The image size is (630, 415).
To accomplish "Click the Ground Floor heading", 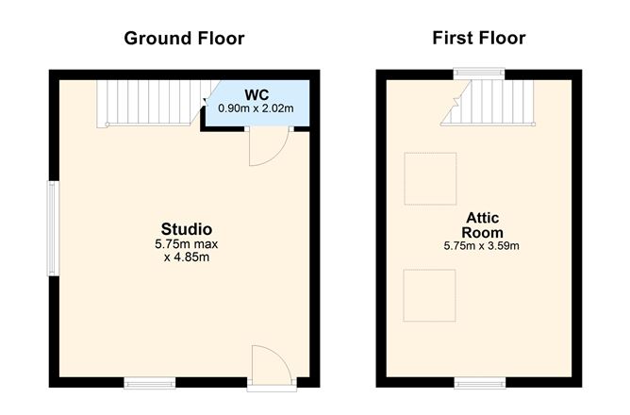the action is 184,39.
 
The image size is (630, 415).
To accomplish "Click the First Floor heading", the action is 479,38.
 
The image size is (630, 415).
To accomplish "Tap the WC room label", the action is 257,95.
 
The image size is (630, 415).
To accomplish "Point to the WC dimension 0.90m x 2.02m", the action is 256,108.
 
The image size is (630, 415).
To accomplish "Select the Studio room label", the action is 187,229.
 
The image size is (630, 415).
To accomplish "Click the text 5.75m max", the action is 187,244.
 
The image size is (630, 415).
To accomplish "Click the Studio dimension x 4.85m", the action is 187,257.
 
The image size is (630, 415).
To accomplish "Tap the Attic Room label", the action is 482,225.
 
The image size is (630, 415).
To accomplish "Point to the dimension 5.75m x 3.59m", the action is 481,245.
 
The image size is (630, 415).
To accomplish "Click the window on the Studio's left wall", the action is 54,228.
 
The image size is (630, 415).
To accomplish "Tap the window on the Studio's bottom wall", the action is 149,383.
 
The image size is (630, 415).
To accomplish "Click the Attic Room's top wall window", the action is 479,73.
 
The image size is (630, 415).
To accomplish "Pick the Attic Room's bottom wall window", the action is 480,383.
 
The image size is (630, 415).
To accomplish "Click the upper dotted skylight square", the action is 430,178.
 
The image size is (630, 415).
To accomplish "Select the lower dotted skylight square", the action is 429,295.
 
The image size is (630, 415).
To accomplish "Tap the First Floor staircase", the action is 488,103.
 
